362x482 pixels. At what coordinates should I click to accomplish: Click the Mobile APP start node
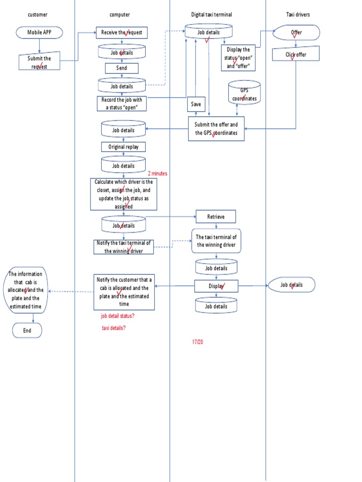point(39,32)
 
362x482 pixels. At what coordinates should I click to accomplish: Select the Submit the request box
point(39,62)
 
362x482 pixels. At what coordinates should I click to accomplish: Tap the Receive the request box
point(122,32)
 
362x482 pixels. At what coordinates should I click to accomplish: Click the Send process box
point(122,68)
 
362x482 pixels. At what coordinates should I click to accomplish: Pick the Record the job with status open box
point(122,103)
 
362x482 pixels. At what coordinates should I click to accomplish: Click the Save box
point(196,104)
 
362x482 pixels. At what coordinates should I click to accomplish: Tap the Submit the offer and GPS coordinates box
point(216,129)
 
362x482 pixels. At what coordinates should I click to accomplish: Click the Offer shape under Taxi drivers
point(296,32)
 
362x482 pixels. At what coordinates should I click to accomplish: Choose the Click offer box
point(296,55)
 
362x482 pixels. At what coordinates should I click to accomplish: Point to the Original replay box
point(123,146)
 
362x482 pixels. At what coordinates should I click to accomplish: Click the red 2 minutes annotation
point(157,173)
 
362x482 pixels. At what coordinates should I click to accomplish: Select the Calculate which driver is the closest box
point(123,194)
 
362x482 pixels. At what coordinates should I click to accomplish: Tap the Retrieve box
point(216,217)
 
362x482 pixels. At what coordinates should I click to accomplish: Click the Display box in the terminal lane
point(216,286)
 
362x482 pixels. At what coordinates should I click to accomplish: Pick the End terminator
point(27,330)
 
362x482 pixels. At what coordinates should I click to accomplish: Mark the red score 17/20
point(197,341)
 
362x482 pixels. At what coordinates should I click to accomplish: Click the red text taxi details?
point(114,328)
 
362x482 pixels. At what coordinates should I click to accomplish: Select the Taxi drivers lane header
point(298,15)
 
